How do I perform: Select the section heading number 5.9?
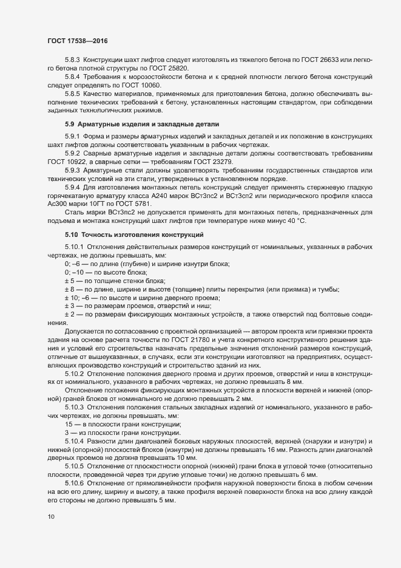pos(70,124)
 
